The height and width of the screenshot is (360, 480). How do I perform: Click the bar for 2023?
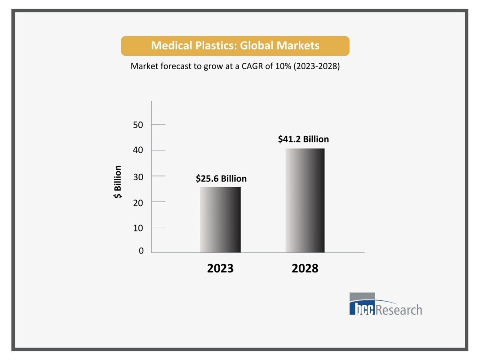(220, 220)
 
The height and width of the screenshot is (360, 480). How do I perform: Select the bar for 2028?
(305, 201)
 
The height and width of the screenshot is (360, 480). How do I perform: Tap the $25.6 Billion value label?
(221, 179)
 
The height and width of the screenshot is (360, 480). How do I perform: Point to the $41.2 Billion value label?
(303, 139)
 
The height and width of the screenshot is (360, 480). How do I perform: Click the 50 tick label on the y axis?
(138, 125)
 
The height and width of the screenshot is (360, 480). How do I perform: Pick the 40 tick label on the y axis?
(138, 150)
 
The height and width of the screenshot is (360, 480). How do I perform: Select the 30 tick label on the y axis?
(138, 177)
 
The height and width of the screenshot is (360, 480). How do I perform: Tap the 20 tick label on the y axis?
(138, 203)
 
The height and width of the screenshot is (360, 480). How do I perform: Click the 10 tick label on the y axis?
(138, 228)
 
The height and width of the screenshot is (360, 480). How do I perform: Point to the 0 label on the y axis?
(141, 251)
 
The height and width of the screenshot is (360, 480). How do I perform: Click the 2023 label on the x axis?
(220, 268)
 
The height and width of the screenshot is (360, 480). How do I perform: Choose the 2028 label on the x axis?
(305, 268)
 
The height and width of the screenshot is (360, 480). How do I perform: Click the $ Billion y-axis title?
(118, 182)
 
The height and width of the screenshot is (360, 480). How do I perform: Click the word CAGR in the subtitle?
(252, 66)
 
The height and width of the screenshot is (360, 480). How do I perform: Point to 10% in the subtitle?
(283, 66)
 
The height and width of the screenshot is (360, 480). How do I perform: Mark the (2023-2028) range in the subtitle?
(316, 66)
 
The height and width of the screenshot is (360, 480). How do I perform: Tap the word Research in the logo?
(399, 310)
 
